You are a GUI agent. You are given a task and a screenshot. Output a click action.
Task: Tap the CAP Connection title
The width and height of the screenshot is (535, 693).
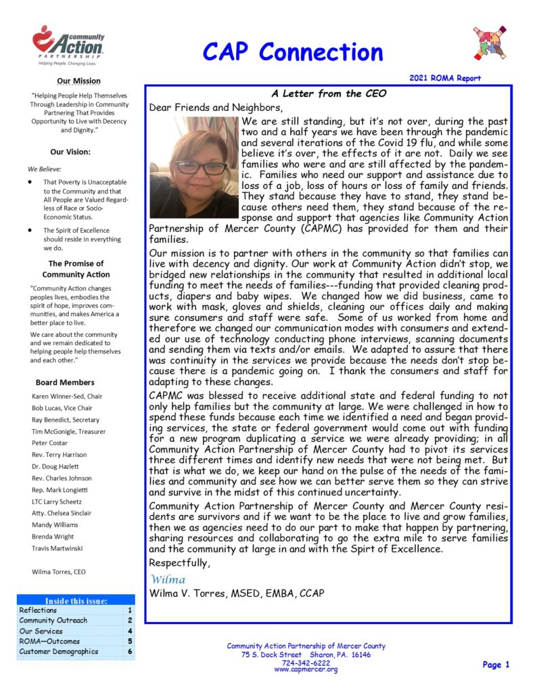pos(292,51)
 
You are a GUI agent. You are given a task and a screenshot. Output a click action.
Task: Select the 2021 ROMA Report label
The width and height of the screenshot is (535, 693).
pos(445,79)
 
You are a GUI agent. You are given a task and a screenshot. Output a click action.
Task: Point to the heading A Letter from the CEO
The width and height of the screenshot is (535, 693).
pos(327,94)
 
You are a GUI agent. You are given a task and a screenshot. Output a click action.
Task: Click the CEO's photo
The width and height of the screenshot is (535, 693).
pos(194,167)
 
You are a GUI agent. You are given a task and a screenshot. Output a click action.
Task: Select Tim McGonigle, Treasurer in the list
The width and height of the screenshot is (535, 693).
pos(69,430)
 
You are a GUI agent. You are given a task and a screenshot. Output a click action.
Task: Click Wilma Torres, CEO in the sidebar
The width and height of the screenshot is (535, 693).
pos(59,571)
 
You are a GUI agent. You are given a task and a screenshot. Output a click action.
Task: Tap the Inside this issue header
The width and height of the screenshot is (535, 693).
pos(76,600)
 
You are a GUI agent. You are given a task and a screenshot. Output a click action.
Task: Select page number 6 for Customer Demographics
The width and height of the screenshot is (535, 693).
pos(129,652)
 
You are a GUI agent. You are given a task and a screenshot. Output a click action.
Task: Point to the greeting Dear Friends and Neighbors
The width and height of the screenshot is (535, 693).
pos(212,108)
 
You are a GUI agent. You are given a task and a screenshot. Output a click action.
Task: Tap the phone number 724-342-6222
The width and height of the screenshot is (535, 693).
pos(306,663)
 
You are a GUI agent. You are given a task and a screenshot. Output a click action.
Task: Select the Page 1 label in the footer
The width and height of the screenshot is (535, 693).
pos(496,665)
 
